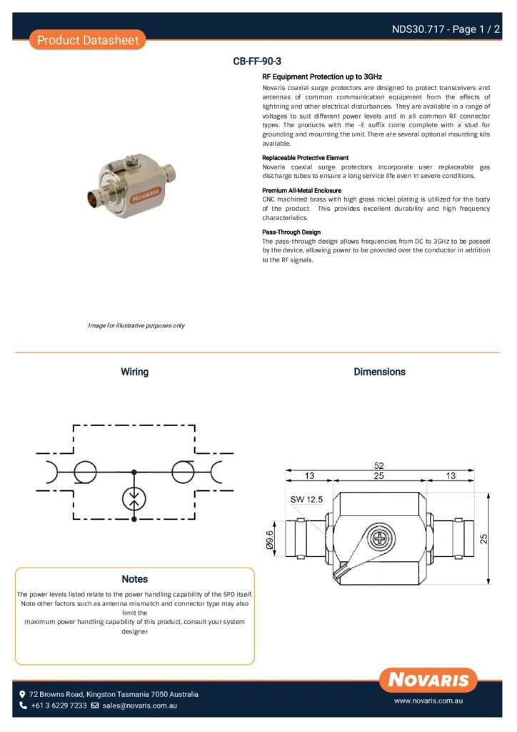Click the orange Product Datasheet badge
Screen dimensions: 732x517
(x=88, y=40)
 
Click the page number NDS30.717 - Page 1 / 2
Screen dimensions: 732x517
(x=446, y=29)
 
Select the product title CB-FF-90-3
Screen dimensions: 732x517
(x=262, y=61)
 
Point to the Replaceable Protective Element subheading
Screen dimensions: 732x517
(x=305, y=157)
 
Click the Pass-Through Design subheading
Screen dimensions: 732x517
(x=291, y=232)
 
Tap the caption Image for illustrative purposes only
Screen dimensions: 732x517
(x=136, y=325)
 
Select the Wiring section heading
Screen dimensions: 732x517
(x=134, y=372)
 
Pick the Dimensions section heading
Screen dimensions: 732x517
(x=379, y=372)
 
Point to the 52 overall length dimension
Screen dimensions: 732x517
(x=379, y=465)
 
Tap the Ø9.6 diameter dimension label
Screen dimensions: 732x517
(x=271, y=540)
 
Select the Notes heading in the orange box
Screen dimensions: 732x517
(x=134, y=579)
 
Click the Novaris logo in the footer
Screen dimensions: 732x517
(x=428, y=680)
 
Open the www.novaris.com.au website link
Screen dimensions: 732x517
(x=429, y=702)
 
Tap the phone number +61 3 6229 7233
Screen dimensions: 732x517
(x=59, y=706)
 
